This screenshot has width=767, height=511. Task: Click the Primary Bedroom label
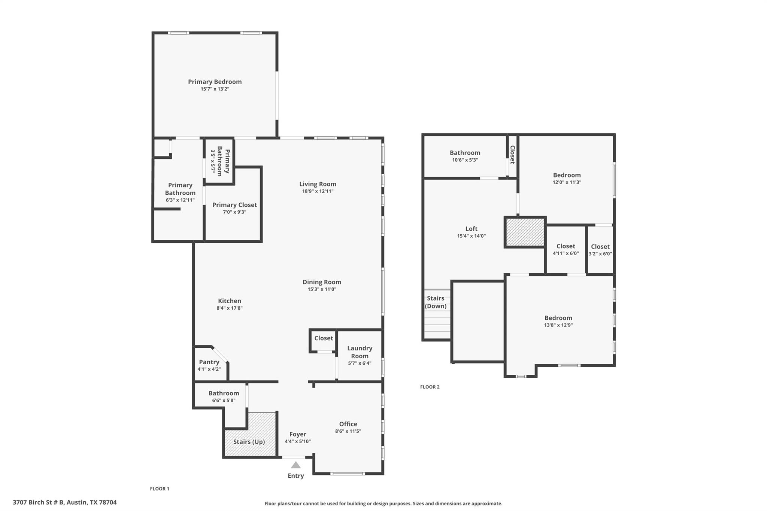tap(215, 82)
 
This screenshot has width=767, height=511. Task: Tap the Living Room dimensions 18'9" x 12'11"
tap(318, 191)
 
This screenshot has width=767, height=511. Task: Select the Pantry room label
tap(209, 362)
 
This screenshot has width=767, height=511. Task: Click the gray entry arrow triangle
tap(296, 465)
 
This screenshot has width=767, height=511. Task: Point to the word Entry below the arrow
tap(295, 476)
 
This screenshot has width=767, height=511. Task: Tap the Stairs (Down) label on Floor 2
tap(436, 302)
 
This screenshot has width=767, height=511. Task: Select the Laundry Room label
tap(360, 352)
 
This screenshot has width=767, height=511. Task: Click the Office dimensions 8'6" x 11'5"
tap(348, 431)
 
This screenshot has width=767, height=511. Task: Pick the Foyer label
tap(298, 434)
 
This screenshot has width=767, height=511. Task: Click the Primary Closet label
tap(234, 205)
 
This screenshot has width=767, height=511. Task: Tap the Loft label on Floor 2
tap(471, 229)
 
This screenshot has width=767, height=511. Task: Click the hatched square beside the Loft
tap(525, 232)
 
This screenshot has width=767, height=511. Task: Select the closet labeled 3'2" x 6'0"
tap(600, 250)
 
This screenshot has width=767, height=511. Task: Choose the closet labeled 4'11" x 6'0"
tap(566, 250)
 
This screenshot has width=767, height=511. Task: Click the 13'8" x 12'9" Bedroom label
tap(558, 318)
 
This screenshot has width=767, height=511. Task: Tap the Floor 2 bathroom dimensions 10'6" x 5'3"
tap(465, 160)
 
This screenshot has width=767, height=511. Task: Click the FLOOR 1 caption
tap(160, 489)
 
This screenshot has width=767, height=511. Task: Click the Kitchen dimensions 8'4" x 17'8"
tap(229, 308)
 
